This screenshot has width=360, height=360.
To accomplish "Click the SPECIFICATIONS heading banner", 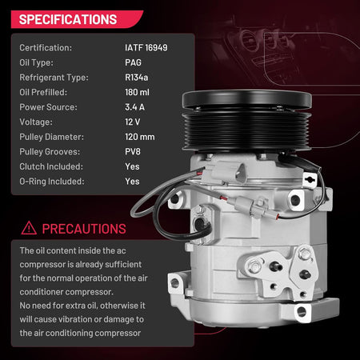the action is tap(77, 19).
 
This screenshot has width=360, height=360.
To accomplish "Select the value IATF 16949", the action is tap(146, 48).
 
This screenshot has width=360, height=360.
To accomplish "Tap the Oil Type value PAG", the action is tap(133, 62).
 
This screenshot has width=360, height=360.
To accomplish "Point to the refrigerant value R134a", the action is tap(136, 78).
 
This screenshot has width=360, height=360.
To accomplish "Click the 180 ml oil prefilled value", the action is tap(137, 92).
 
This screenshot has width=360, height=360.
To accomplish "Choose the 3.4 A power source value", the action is tap(134, 107).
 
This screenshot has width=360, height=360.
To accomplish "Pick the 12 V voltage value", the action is tap(132, 122).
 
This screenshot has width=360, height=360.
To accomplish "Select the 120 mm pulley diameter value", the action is tap(140, 137).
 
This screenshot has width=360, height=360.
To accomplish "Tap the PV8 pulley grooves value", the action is tap(133, 151).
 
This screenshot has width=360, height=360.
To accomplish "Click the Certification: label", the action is tap(46, 48).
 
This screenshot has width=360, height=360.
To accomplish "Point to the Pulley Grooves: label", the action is tap(50, 151).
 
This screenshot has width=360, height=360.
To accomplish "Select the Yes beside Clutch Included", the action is tap(132, 166).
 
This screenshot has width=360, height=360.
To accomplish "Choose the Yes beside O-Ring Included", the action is tap(132, 182).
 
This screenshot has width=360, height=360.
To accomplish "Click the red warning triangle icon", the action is tap(29, 228).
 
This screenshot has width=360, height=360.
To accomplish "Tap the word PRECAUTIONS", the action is tap(84, 229).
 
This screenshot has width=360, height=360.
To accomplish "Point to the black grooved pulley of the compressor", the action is tap(246, 130).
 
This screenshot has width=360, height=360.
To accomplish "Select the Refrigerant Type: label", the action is tap(54, 78).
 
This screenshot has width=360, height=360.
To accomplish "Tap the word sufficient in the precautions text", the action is tap(123, 264).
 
